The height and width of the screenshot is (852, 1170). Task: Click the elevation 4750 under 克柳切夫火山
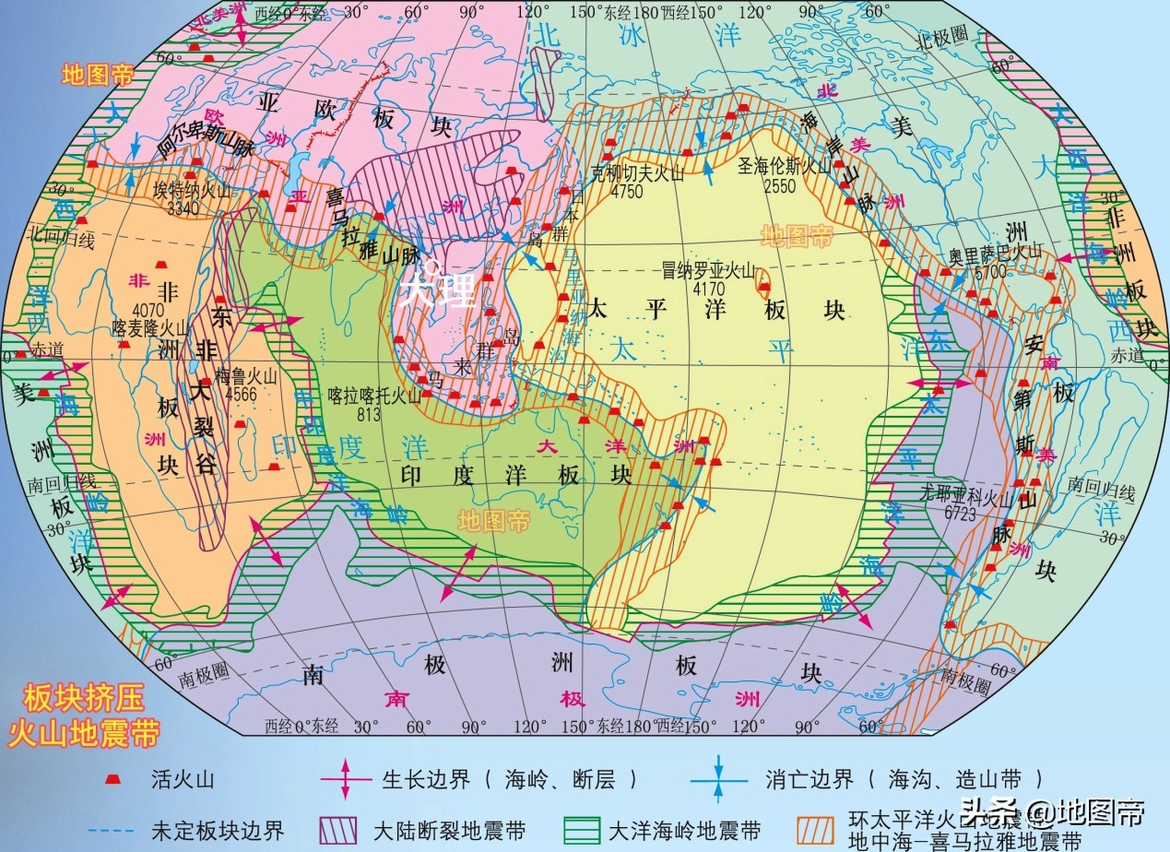coord(627,192)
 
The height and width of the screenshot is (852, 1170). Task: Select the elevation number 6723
coord(959,515)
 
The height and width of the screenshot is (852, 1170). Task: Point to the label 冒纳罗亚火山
coord(709,270)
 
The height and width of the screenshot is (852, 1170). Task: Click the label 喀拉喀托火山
coord(374,397)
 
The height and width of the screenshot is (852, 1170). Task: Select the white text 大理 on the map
coord(438,288)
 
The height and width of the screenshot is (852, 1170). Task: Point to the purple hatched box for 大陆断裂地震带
coord(337,831)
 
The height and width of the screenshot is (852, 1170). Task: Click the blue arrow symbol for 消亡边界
coord(718,779)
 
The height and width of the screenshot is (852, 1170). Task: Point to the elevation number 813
coord(368,414)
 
